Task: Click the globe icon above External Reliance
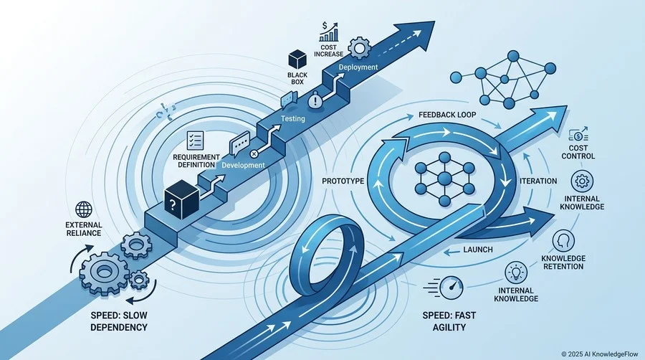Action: (84, 210)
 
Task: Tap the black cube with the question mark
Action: (181, 199)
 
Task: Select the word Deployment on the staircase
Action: (358, 67)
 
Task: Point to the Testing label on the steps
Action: (293, 118)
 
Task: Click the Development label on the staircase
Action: (243, 165)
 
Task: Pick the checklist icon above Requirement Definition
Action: (195, 141)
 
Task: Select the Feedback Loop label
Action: (447, 115)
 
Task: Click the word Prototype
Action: (343, 181)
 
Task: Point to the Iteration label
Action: (538, 181)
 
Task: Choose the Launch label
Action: (477, 250)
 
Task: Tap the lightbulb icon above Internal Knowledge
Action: (516, 273)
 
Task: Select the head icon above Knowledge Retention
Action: (563, 241)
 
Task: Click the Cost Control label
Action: (578, 152)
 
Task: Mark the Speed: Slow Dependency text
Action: (119, 321)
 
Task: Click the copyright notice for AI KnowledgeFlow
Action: (600, 354)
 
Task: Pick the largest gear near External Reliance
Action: (105, 271)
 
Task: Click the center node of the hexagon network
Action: (444, 179)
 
